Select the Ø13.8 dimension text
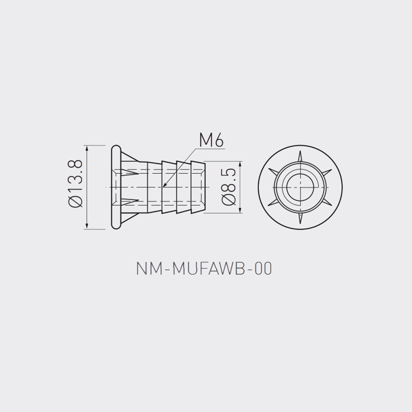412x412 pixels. (x=76, y=183)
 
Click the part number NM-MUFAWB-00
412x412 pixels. (x=204, y=269)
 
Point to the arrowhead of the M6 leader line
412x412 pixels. (x=164, y=185)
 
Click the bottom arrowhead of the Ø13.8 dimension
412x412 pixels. (x=87, y=226)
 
